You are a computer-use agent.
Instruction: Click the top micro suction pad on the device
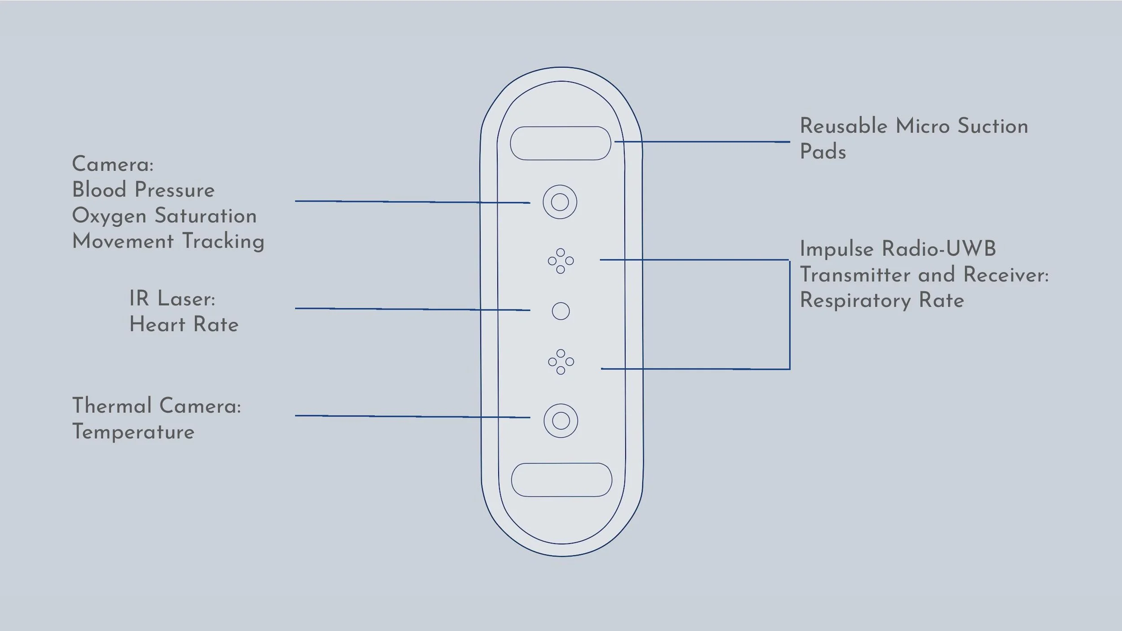tap(560, 143)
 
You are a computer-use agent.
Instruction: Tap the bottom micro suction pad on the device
tap(561, 479)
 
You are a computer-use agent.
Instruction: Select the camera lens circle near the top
tap(560, 202)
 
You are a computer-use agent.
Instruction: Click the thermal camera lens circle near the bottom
tap(561, 421)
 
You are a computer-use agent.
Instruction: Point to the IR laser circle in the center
tap(561, 311)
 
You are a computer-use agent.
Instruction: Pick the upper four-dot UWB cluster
tap(561, 261)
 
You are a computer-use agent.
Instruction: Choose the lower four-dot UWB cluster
tap(561, 361)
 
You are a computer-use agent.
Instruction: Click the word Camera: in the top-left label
tap(113, 164)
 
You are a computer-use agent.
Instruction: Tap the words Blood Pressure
tap(143, 190)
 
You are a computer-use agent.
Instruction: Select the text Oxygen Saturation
tap(164, 216)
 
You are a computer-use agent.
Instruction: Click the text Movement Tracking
tap(168, 241)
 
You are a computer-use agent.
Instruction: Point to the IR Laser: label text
tap(172, 299)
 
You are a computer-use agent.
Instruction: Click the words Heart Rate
tap(184, 324)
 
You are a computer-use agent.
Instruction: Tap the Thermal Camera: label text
tap(156, 406)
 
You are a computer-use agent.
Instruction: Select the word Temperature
tap(133, 432)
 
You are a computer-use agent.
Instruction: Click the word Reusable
tap(843, 126)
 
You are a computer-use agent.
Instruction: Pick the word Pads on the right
tap(823, 152)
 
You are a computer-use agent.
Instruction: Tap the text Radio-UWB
tap(938, 249)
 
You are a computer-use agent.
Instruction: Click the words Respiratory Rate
tap(881, 300)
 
